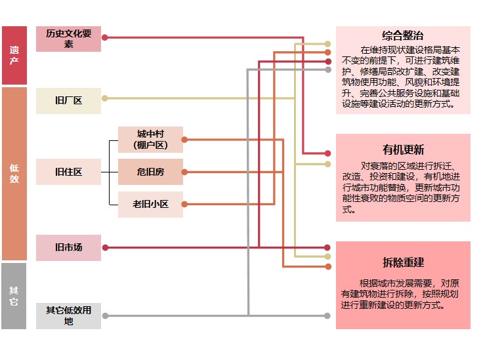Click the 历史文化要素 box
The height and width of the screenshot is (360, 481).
[x=68, y=39]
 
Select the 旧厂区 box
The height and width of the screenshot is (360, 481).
[x=68, y=100]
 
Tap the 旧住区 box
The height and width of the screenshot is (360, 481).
[x=68, y=172]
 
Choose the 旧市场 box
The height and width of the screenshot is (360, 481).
[x=68, y=247]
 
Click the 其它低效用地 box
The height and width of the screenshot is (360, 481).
[x=68, y=315]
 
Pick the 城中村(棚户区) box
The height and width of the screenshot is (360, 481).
[x=150, y=139]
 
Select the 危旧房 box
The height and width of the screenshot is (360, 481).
[x=150, y=172]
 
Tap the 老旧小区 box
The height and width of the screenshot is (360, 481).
[x=150, y=204]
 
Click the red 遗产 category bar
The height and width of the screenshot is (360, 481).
[x=14, y=55]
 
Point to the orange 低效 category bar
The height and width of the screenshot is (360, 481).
[x=14, y=173]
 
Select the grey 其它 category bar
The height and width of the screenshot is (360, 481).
[x=14, y=296]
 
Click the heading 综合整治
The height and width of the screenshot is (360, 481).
[x=402, y=35]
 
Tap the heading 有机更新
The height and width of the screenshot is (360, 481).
[x=402, y=149]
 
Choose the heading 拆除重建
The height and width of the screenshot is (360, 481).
[x=402, y=262]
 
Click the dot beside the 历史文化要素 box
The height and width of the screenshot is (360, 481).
[x=105, y=37]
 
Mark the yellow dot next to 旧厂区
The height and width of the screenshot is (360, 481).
[x=105, y=98]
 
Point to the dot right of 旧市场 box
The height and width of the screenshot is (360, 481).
[x=105, y=247]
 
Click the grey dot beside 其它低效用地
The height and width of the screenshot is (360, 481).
[x=105, y=315]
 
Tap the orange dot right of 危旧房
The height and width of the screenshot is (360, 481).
[x=184, y=172]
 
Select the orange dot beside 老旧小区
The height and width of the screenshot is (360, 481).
[x=184, y=204]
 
